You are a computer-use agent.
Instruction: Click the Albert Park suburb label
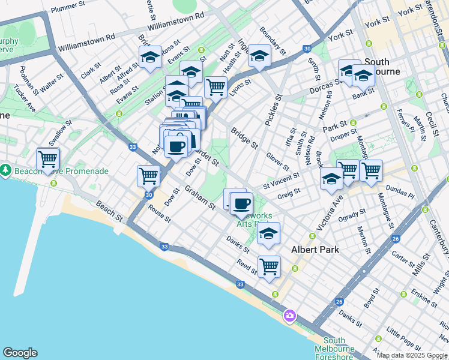315,250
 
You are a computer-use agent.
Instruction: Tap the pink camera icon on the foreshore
290,315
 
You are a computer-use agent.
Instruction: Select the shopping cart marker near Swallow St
47,160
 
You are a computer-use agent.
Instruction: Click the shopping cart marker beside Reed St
269,265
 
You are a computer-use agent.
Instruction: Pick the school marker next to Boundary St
259,56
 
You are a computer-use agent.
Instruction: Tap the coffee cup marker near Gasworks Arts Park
241,204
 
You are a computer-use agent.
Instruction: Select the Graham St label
199,197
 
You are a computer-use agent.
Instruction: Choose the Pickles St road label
271,110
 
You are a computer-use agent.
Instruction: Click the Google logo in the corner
20,353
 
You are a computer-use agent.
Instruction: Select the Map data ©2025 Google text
412,355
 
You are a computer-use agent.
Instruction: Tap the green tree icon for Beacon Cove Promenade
5,170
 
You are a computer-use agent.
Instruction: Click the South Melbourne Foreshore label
334,349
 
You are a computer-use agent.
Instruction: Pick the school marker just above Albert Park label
269,234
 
